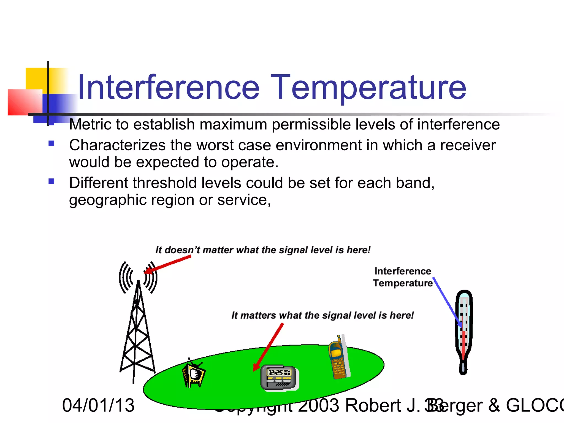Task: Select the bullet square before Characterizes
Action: pyautogui.click(x=51, y=143)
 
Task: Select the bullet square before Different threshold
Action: pyautogui.click(x=51, y=181)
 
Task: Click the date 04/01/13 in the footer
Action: pyautogui.click(x=98, y=405)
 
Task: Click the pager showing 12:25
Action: pyautogui.click(x=279, y=377)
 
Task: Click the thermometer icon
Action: pyautogui.click(x=464, y=330)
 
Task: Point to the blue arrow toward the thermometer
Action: pyautogui.click(x=447, y=302)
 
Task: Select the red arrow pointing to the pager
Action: pyautogui.click(x=268, y=347)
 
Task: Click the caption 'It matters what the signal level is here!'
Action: pyautogui.click(x=322, y=315)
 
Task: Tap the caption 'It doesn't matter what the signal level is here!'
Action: pyautogui.click(x=263, y=250)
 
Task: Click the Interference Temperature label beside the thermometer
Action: pyautogui.click(x=403, y=277)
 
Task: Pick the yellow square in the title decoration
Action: pyautogui.click(x=36, y=78)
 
